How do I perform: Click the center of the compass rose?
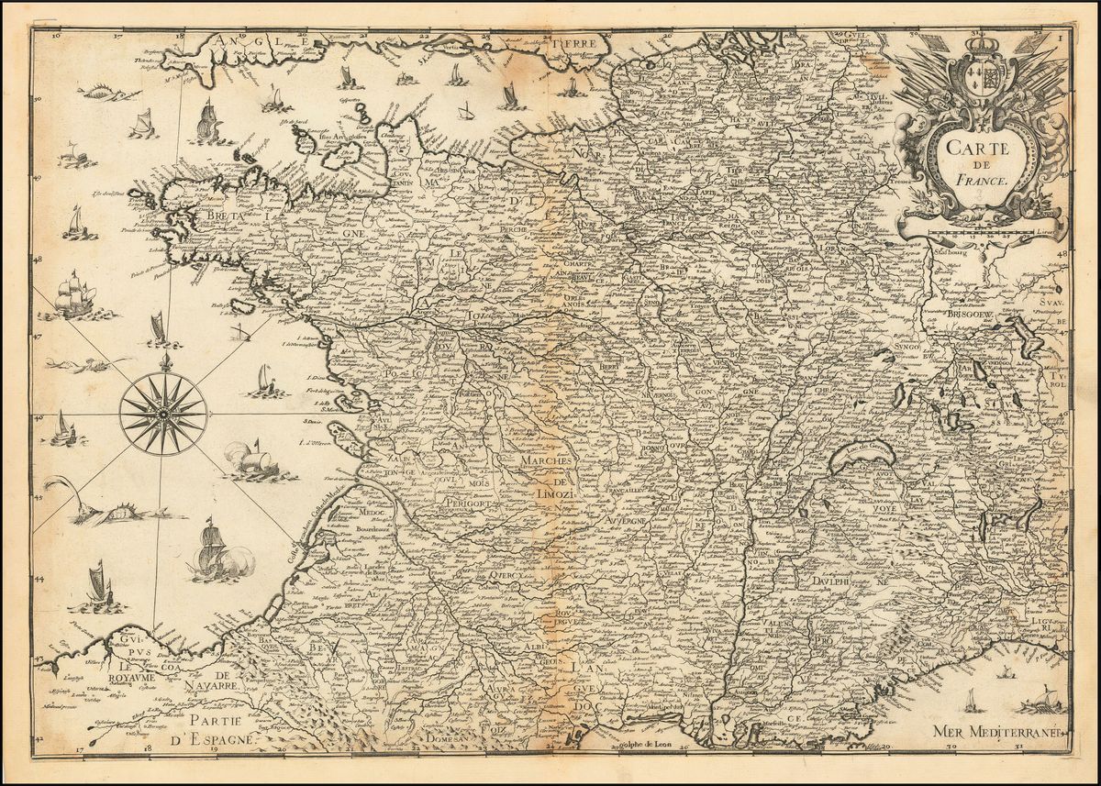pyautogui.click(x=162, y=414)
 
